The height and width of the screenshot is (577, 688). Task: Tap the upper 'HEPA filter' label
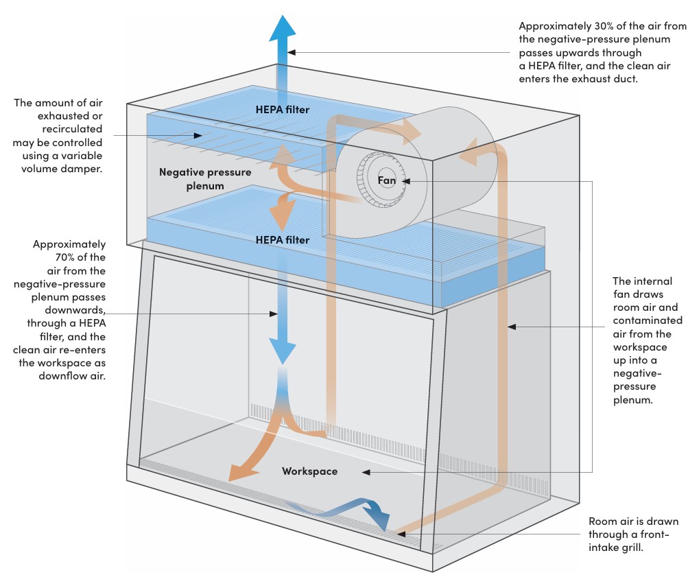coord(282,109)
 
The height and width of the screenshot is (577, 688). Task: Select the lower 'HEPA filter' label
coord(282,240)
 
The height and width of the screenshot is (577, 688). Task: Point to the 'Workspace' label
coord(309,471)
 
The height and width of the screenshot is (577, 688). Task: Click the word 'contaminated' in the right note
coord(648,320)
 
